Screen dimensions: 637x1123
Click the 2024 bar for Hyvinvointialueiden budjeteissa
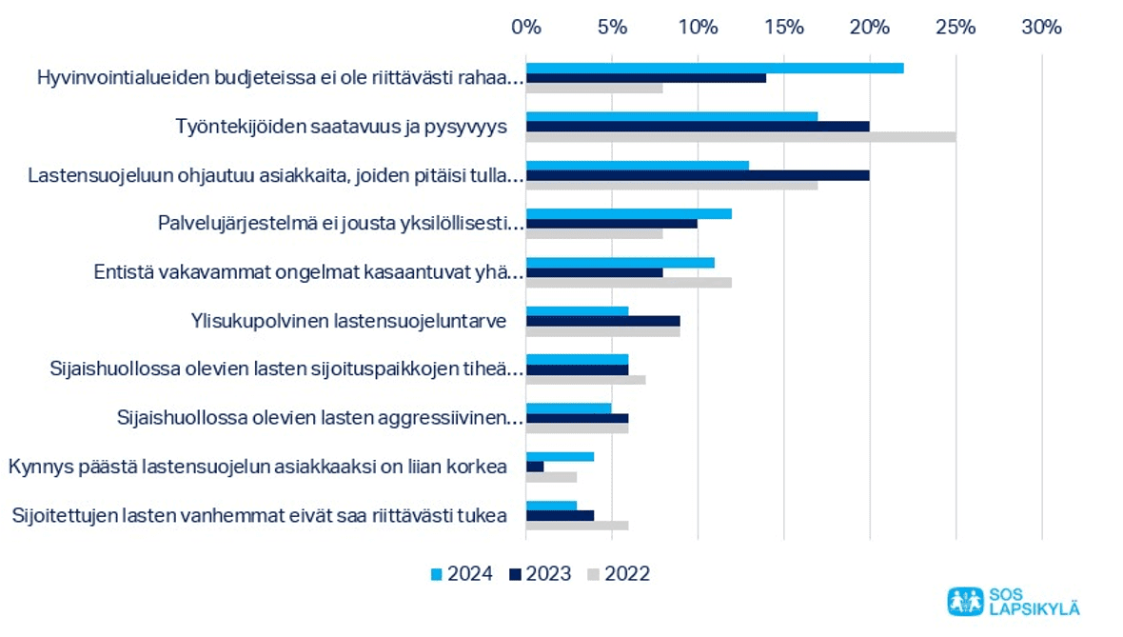(714, 68)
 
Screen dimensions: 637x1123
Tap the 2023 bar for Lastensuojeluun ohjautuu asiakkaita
(698, 175)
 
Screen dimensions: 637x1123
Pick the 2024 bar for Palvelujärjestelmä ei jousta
(628, 213)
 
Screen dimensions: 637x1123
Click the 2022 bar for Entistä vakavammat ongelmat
(628, 282)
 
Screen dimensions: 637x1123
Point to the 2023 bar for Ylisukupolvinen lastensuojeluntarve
(602, 321)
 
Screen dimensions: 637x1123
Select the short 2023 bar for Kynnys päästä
(535, 467)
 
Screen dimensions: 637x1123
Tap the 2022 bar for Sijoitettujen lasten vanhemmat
(577, 526)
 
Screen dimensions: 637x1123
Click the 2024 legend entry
(462, 573)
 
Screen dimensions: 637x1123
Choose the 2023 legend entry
(541, 573)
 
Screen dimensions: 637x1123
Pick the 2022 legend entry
(620, 573)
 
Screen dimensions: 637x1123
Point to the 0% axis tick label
(526, 27)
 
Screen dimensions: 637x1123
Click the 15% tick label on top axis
(783, 27)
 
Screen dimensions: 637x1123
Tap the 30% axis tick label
(1041, 27)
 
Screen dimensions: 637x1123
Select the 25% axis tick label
(956, 27)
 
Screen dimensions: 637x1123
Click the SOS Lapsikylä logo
(1014, 601)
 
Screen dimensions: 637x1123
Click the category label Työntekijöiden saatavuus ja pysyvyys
(342, 127)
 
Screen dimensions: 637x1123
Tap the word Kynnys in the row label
(36, 467)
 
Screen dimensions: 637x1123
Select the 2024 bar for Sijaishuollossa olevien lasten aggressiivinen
(568, 408)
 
